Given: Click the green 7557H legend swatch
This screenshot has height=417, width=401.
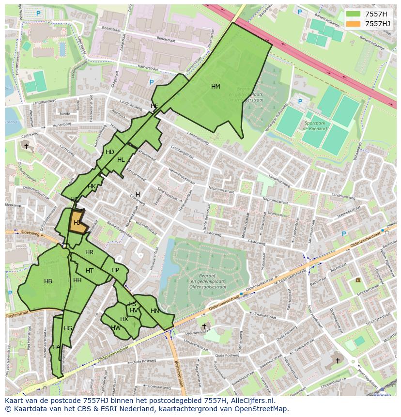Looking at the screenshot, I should (x=354, y=14).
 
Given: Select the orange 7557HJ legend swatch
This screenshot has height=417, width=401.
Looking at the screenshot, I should (x=354, y=24).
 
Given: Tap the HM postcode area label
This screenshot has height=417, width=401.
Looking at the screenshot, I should (x=216, y=87).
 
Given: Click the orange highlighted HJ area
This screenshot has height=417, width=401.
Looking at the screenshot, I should (x=78, y=222).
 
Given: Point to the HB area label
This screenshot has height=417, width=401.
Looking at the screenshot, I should (x=48, y=281).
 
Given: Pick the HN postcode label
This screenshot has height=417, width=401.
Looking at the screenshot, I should (x=155, y=311).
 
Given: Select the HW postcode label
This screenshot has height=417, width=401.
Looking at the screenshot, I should (x=116, y=328).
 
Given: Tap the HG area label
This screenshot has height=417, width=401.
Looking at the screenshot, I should (x=68, y=328).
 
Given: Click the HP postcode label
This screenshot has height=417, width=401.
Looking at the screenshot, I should (x=115, y=270).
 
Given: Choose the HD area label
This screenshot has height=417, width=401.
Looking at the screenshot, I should (x=110, y=152).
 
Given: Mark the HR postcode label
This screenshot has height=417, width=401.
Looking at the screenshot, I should (x=89, y=252).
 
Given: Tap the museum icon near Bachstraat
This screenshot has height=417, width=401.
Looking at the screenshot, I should (x=358, y=280).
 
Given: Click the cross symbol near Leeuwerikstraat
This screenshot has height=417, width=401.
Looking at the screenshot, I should (x=204, y=326).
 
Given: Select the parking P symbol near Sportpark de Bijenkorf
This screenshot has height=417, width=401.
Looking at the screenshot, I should (x=300, y=102).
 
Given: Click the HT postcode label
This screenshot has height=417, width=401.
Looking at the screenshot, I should (x=90, y=271).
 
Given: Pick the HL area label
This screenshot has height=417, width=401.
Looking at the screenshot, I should (x=121, y=160).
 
